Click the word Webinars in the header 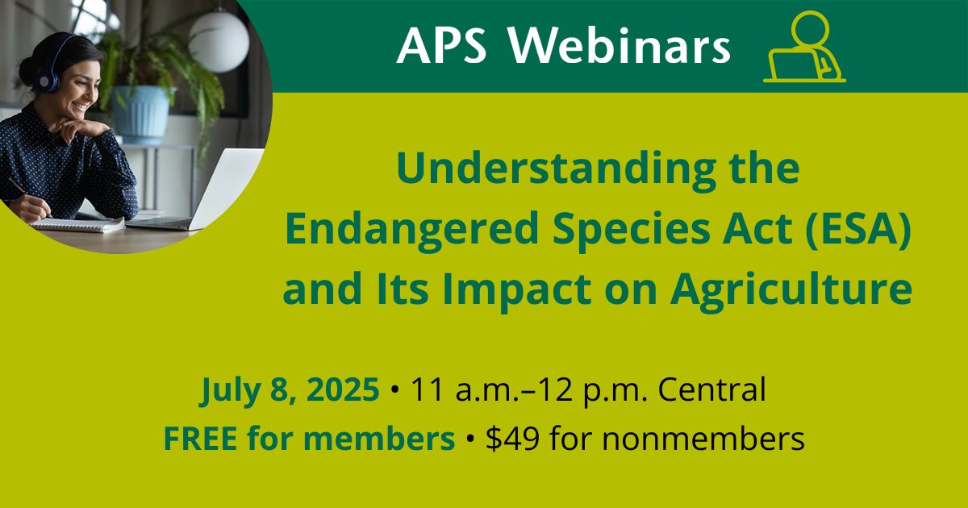pyautogui.click(x=619, y=47)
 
